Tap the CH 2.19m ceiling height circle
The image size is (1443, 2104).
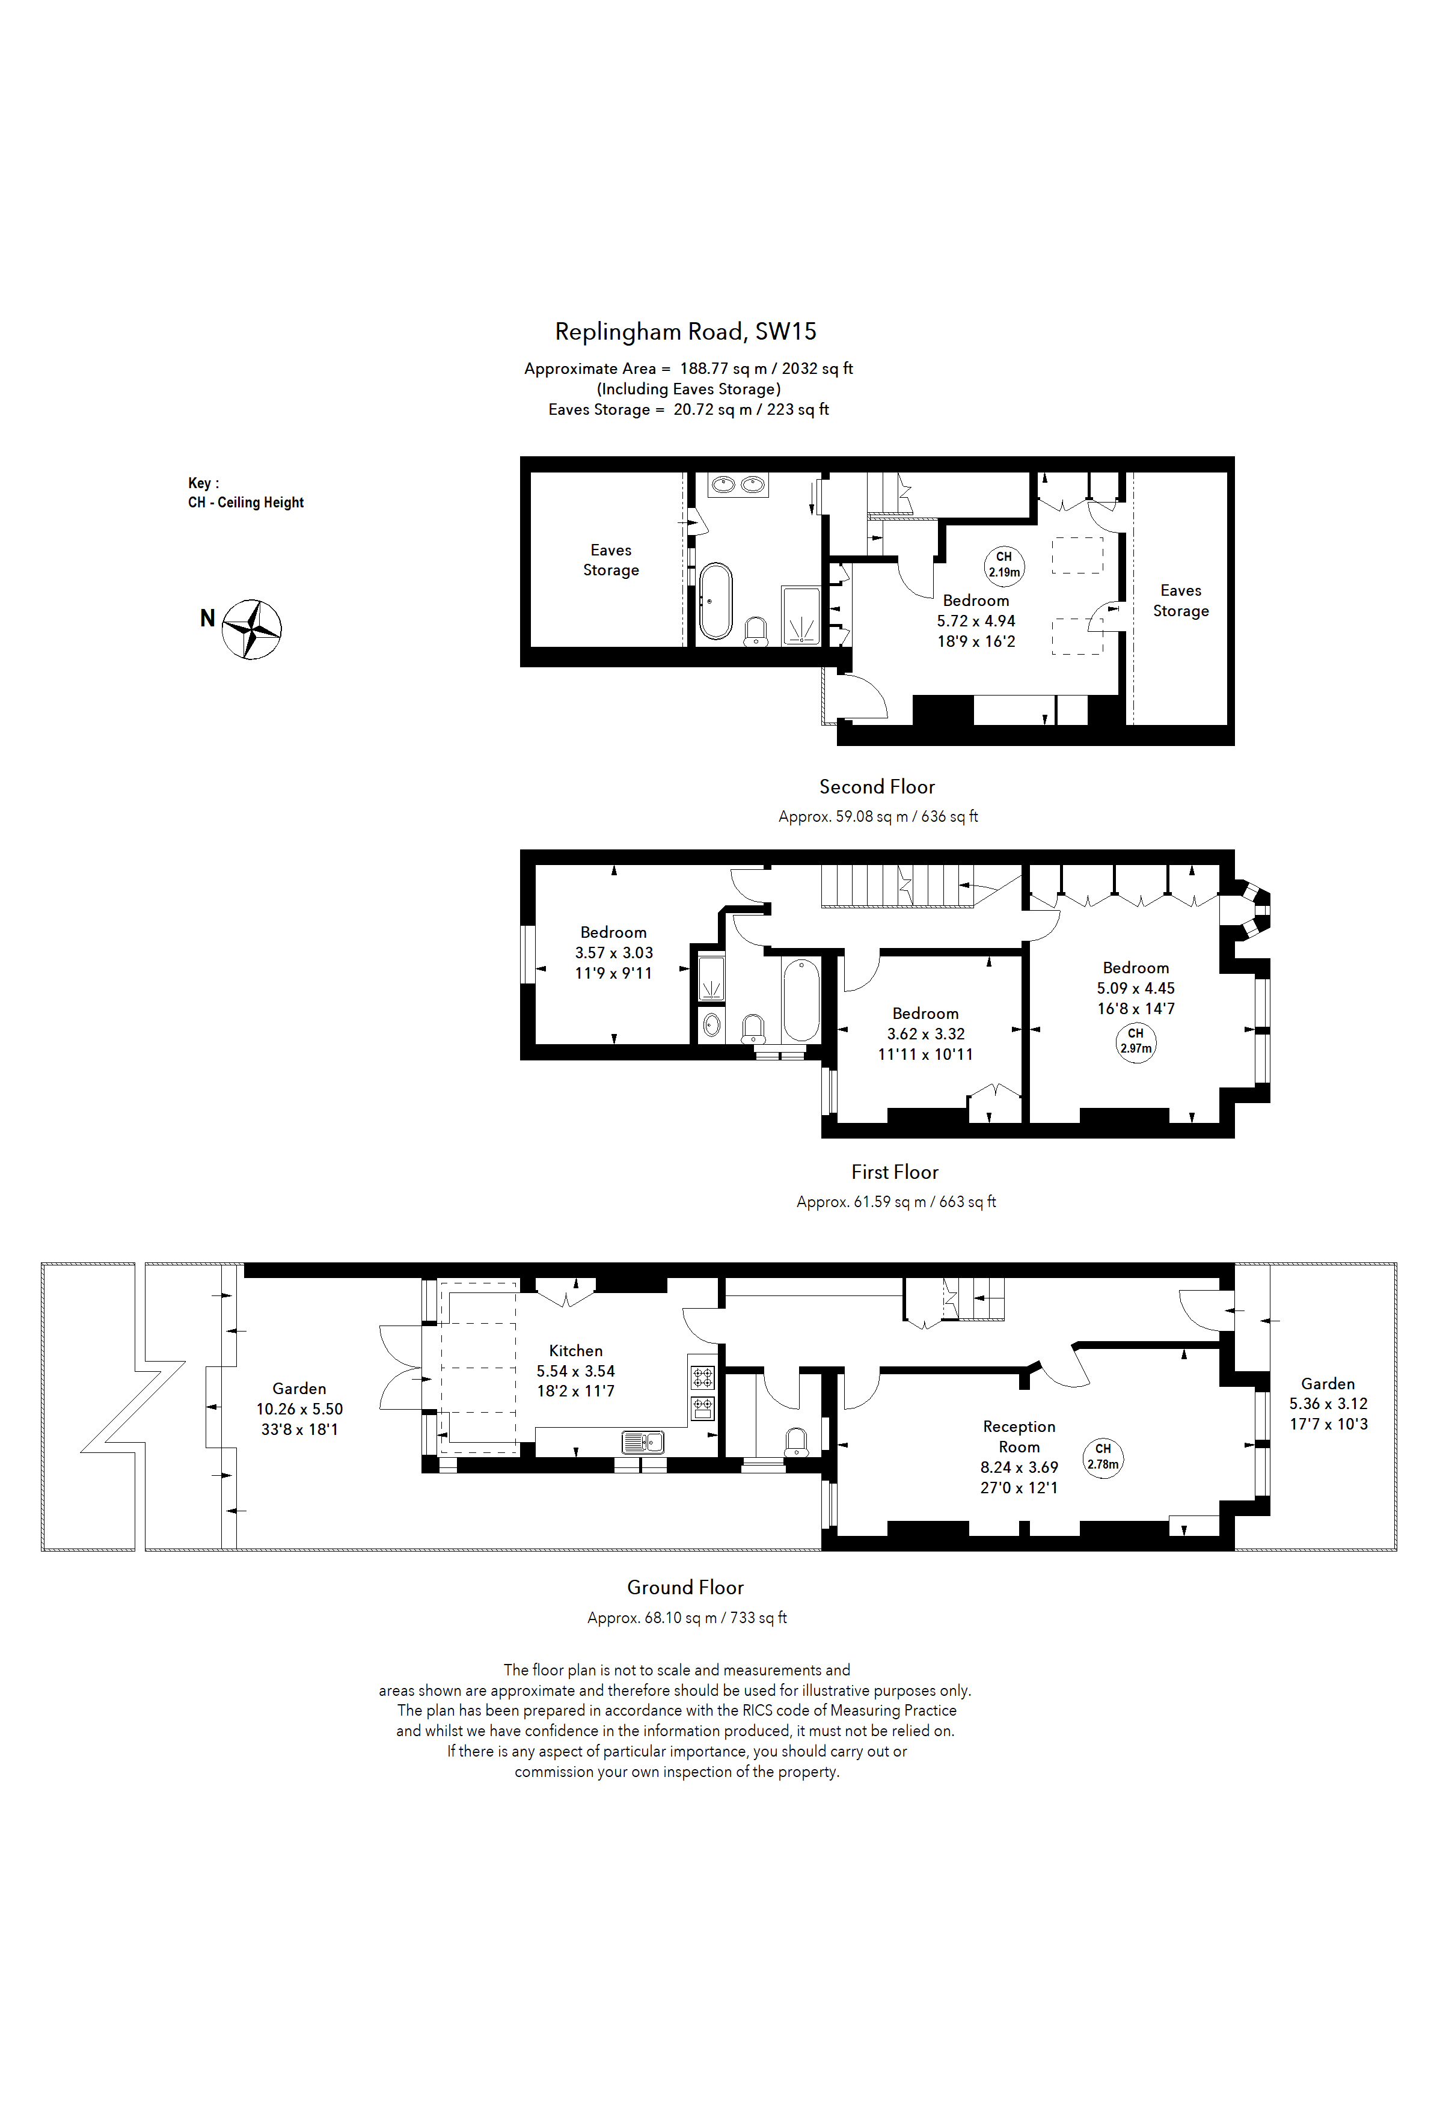[1004, 564]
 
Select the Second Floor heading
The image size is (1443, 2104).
[876, 787]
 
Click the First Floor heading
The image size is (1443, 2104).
[895, 1172]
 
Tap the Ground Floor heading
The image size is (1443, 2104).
[685, 1587]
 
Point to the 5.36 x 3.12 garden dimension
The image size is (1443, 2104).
[1328, 1403]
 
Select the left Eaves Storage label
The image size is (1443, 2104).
[610, 560]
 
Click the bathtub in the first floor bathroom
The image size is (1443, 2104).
[800, 1000]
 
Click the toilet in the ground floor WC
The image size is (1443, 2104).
[797, 1440]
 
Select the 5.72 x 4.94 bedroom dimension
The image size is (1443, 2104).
[975, 621]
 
